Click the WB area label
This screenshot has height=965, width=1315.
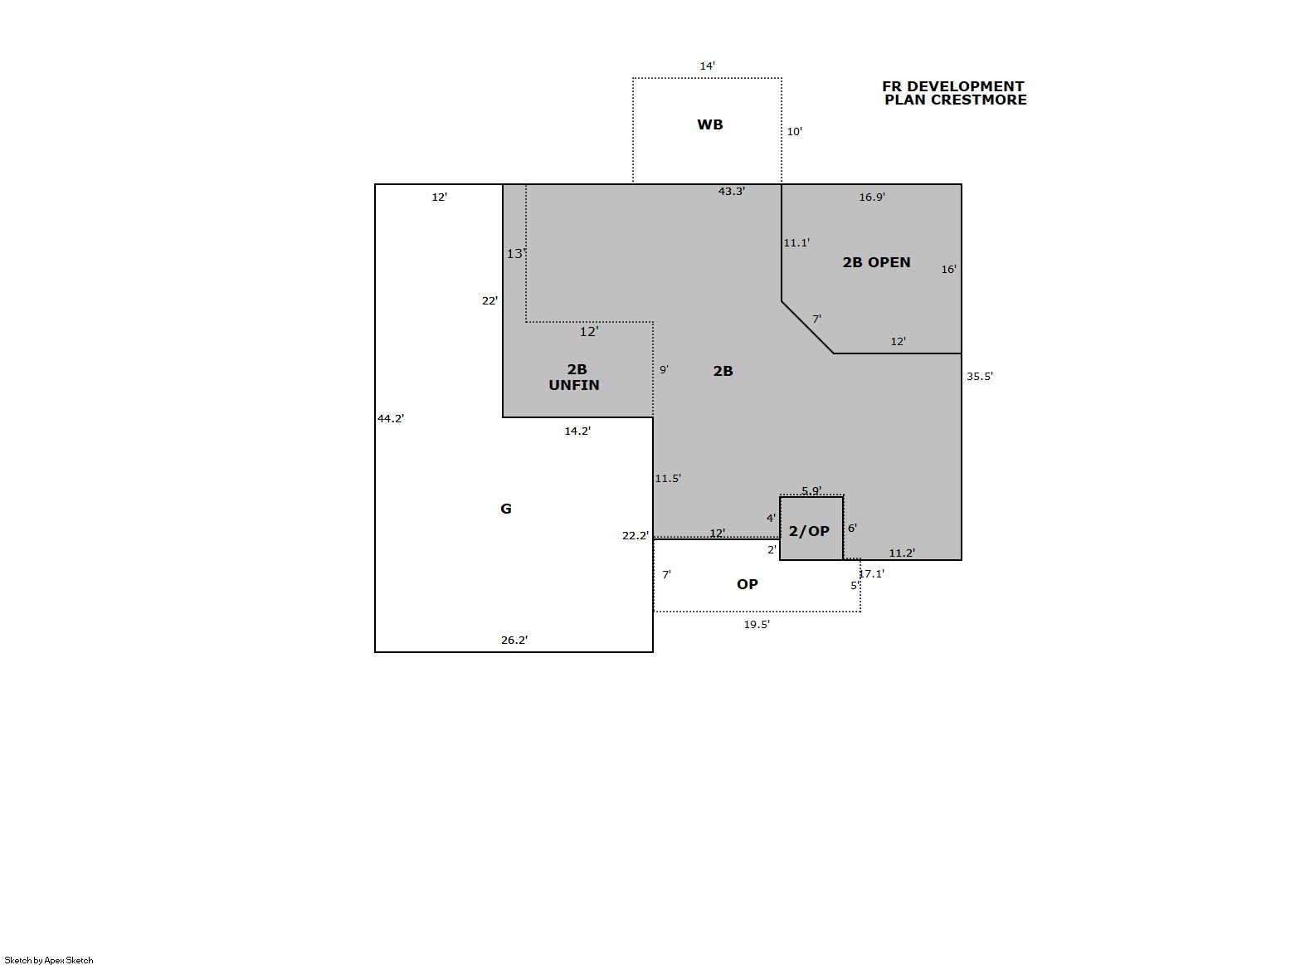709,124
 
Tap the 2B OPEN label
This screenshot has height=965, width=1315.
876,262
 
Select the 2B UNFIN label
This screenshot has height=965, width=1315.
575,377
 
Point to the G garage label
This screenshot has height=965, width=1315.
505,509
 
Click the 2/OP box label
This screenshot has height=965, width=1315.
809,531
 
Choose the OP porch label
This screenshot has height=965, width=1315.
748,584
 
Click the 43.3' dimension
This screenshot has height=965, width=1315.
732,192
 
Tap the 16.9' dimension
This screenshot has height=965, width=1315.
872,197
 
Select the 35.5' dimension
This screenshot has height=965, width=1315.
980,376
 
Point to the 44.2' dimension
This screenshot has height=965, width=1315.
391,418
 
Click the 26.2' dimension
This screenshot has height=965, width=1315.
514,640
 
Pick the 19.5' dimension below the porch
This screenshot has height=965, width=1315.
757,625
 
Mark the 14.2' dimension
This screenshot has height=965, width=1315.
577,431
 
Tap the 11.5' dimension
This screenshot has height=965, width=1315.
668,479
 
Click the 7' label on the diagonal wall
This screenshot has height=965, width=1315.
816,319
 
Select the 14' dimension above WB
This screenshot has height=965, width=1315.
707,66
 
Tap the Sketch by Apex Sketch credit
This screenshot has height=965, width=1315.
49,960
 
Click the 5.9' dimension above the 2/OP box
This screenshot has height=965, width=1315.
812,490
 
